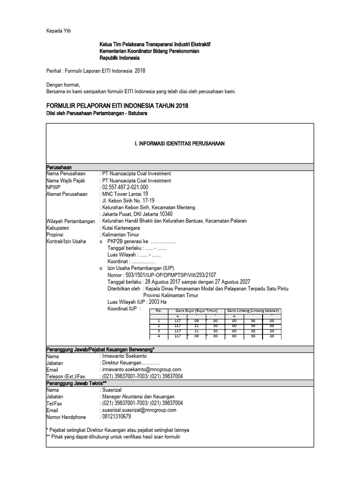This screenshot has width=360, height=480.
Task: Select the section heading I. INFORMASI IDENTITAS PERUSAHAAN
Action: [180, 143]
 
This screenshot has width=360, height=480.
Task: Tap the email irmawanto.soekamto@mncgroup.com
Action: [141, 369]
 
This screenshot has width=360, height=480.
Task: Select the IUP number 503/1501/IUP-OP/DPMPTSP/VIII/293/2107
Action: [162, 275]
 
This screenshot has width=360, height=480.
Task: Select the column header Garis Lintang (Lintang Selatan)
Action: [253, 311]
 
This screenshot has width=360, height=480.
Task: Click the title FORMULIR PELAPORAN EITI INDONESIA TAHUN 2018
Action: [117, 106]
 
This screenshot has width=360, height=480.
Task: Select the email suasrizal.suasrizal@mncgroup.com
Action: [139, 410]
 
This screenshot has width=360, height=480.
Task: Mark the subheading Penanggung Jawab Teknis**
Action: [77, 383]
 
